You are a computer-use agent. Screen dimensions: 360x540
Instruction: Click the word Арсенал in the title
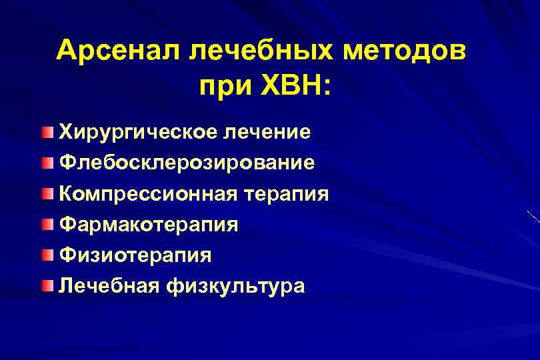tap(115, 51)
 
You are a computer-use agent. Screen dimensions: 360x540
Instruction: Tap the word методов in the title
tap(409, 51)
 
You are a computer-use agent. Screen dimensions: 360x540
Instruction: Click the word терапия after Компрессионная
tap(288, 194)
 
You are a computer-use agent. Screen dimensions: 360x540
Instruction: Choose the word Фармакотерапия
tap(148, 225)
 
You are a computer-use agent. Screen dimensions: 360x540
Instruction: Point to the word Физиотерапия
tap(135, 255)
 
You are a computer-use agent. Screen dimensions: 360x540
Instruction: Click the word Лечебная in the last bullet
tap(109, 286)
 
